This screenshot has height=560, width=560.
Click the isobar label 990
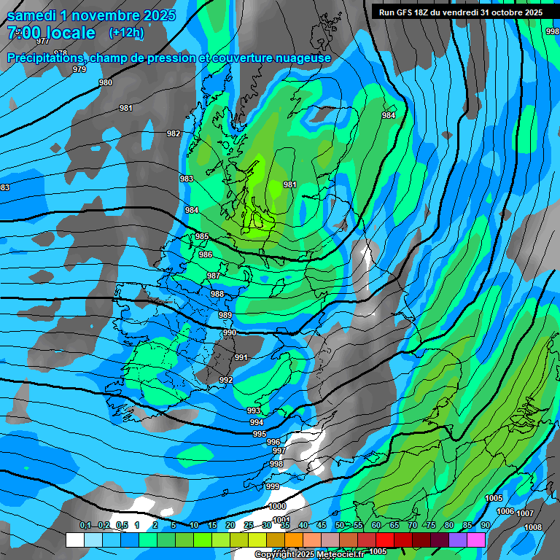pyautogui.click(x=230, y=332)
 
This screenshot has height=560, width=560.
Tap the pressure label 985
pyautogui.click(x=202, y=237)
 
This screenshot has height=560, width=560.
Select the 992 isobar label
pyautogui.click(x=226, y=380)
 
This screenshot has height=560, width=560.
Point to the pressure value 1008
pyautogui.click(x=533, y=527)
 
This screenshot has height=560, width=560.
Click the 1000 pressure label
pyautogui.click(x=277, y=506)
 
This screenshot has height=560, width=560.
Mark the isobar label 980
pyautogui.click(x=106, y=83)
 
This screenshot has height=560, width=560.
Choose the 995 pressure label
pyautogui.click(x=260, y=434)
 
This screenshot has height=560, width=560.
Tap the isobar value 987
pyautogui.click(x=214, y=276)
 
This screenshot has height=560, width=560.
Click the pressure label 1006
pyautogui.click(x=505, y=512)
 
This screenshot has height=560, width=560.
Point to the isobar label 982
pyautogui.click(x=174, y=133)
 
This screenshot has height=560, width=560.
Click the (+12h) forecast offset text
pyautogui.click(x=126, y=33)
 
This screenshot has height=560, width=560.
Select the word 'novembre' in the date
pyautogui.click(x=98, y=15)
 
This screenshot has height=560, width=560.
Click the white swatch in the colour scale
pyautogui.click(x=74, y=540)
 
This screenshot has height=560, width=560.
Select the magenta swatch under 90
pyautogui.click(x=476, y=540)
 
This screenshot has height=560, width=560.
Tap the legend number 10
pyautogui.click(x=193, y=526)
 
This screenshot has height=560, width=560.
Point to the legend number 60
pyautogui.click(x=376, y=526)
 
